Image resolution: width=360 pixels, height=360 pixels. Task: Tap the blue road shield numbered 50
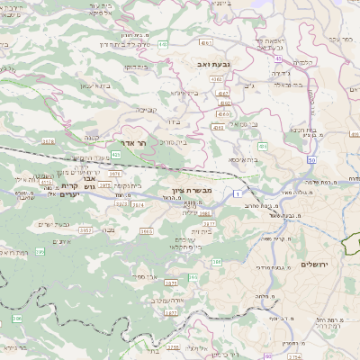tap(310, 158)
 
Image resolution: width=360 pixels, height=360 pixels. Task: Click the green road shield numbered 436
tap(262, 145)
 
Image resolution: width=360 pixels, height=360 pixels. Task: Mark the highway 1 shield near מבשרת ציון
tap(236, 194)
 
